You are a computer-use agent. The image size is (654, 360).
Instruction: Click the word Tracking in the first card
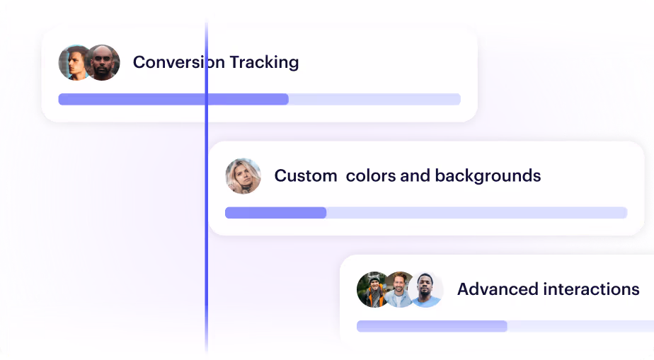264,62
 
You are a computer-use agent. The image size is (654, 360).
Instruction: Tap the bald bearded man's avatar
103,62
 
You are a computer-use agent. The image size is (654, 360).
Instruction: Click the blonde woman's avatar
243,176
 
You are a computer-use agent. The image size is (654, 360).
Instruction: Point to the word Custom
306,176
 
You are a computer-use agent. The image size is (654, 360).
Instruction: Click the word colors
371,176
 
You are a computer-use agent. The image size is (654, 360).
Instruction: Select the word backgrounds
488,176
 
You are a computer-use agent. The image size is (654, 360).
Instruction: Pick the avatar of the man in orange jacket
372,289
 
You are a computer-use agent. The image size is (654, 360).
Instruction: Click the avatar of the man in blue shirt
425,289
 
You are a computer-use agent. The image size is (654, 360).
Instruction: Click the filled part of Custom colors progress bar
276,213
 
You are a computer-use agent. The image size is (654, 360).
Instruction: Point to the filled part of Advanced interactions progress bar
432,326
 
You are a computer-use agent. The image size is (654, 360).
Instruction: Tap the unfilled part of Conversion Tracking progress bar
374,99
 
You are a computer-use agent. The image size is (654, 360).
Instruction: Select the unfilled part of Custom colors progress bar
477,213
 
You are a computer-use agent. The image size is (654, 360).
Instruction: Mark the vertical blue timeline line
207,187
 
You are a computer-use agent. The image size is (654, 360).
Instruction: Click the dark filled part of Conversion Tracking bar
173,99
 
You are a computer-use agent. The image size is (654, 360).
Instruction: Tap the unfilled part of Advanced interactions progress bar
580,326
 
